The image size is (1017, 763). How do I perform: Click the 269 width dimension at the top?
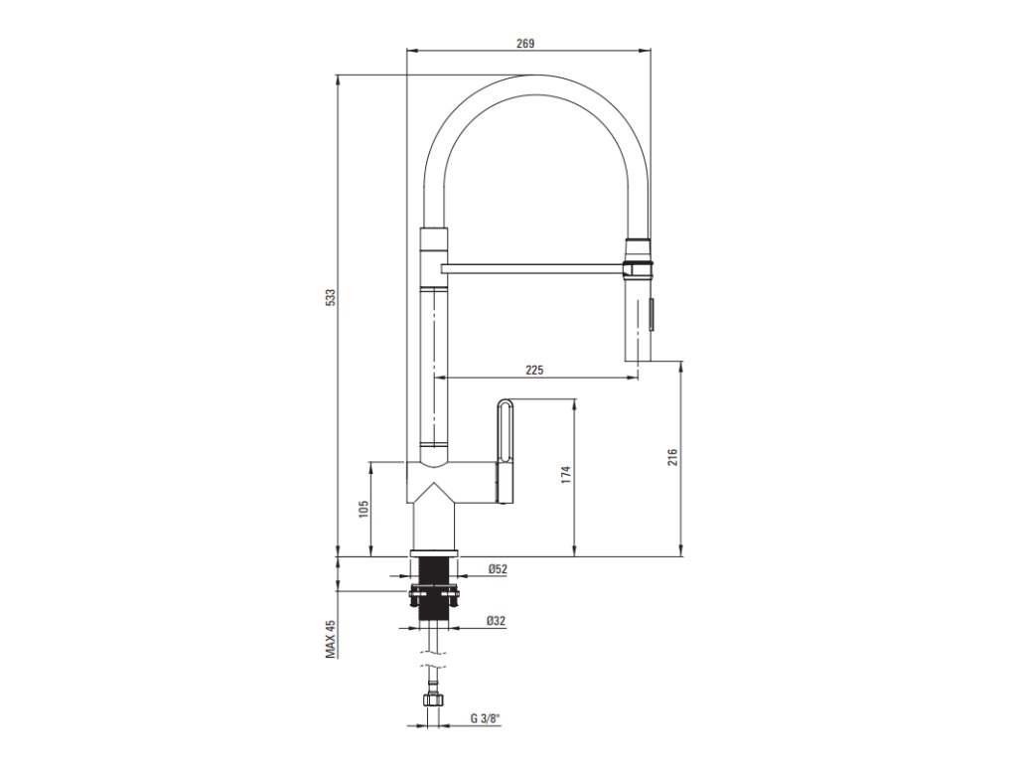[x=526, y=43]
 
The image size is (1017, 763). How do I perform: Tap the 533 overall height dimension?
[x=331, y=297]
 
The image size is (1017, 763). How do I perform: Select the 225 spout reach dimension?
[x=534, y=370]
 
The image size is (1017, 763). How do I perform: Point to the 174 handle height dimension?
[x=566, y=475]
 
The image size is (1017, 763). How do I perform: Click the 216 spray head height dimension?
[x=671, y=457]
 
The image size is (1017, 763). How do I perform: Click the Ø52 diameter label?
[x=498, y=569]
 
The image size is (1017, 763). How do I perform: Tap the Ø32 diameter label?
[x=497, y=621]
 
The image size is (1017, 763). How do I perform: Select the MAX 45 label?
[x=331, y=639]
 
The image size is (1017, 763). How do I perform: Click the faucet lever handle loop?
[x=505, y=428]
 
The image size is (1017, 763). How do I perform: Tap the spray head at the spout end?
[x=637, y=318]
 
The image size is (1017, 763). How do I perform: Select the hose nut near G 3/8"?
[x=433, y=700]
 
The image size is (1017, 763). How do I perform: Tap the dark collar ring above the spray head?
[x=637, y=265]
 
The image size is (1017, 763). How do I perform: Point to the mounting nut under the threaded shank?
[x=433, y=597]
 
